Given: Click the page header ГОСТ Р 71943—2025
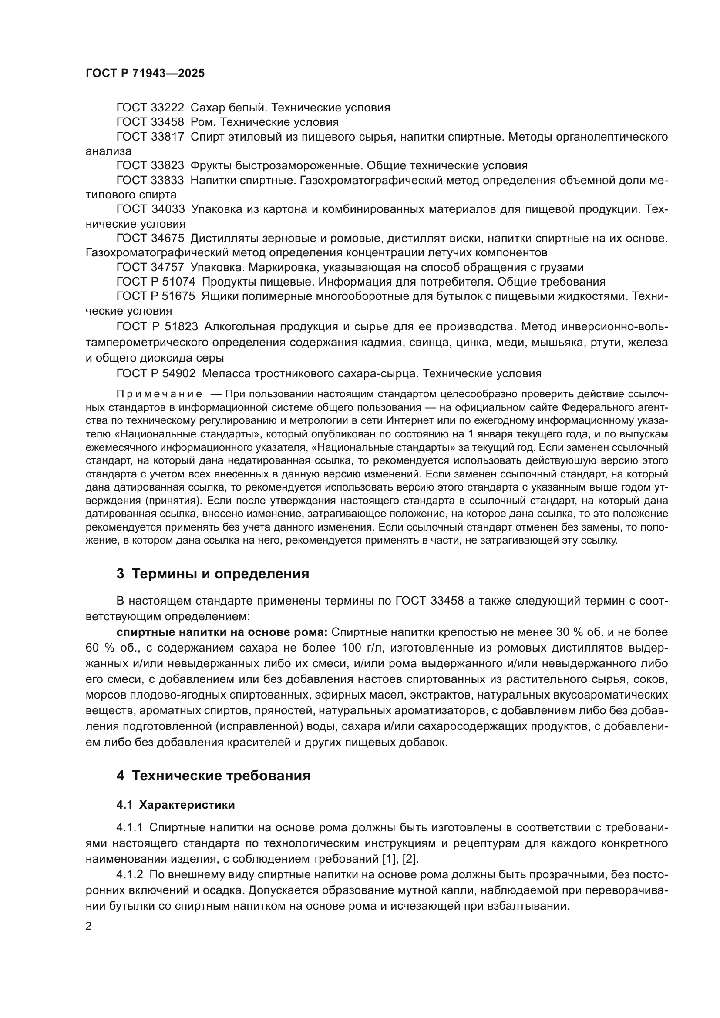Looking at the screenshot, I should pos(145,74).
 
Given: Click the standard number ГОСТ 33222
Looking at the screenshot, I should pos(150,108).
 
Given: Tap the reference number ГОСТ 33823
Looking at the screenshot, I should pos(150,166).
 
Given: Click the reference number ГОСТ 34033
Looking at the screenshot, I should pos(150,209).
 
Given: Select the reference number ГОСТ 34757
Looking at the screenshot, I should pos(150,267).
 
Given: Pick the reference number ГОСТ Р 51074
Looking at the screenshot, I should pos(155,282).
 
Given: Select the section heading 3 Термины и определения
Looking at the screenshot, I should pos(213,574).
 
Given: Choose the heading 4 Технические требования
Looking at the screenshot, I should pos(213,776).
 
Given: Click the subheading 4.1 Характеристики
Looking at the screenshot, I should pos(175,805).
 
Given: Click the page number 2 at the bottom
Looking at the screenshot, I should pos(89,926).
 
